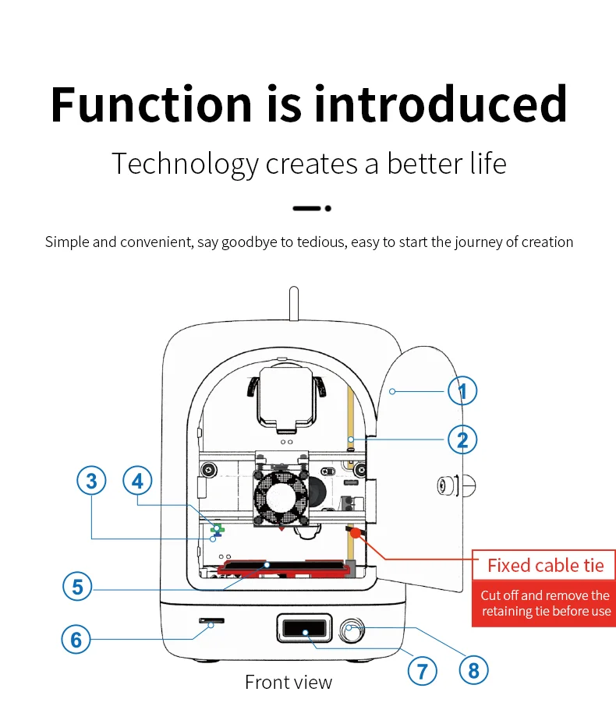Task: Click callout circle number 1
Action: [x=462, y=390]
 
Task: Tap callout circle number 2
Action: [x=462, y=439]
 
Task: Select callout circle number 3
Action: [x=91, y=481]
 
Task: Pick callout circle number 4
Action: [x=138, y=481]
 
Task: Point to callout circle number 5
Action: [x=76, y=586]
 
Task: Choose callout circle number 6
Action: [x=76, y=640]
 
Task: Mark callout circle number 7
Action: [x=422, y=669]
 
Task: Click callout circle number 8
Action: [x=473, y=669]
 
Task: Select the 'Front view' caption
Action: [x=289, y=683]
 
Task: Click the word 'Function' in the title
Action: [x=151, y=104]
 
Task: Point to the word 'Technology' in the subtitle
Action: [x=184, y=164]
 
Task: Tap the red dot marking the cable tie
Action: [x=356, y=534]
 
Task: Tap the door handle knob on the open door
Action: [x=447, y=486]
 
